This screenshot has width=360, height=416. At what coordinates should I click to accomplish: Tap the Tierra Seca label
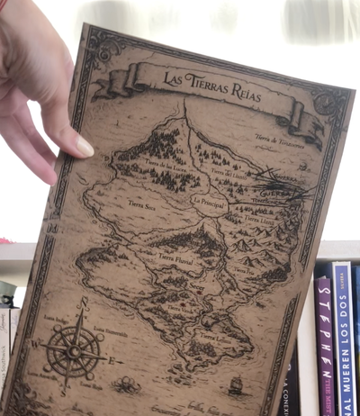point(143,205)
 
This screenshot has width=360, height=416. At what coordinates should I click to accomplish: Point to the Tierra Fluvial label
point(175,258)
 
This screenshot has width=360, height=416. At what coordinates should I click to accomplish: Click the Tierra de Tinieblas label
point(274,139)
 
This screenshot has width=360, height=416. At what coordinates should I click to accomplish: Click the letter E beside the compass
point(110,361)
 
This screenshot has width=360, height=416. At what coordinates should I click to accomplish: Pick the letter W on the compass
point(35,343)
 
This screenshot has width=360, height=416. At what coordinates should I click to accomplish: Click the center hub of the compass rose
point(71,351)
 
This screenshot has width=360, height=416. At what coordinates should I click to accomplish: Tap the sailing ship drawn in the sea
point(236,385)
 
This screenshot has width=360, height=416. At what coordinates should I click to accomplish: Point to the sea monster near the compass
point(126,384)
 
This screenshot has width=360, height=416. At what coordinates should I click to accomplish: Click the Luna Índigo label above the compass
point(55,318)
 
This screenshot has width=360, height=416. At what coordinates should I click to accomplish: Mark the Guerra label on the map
point(271,192)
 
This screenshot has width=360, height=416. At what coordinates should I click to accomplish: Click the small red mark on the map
point(184,303)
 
